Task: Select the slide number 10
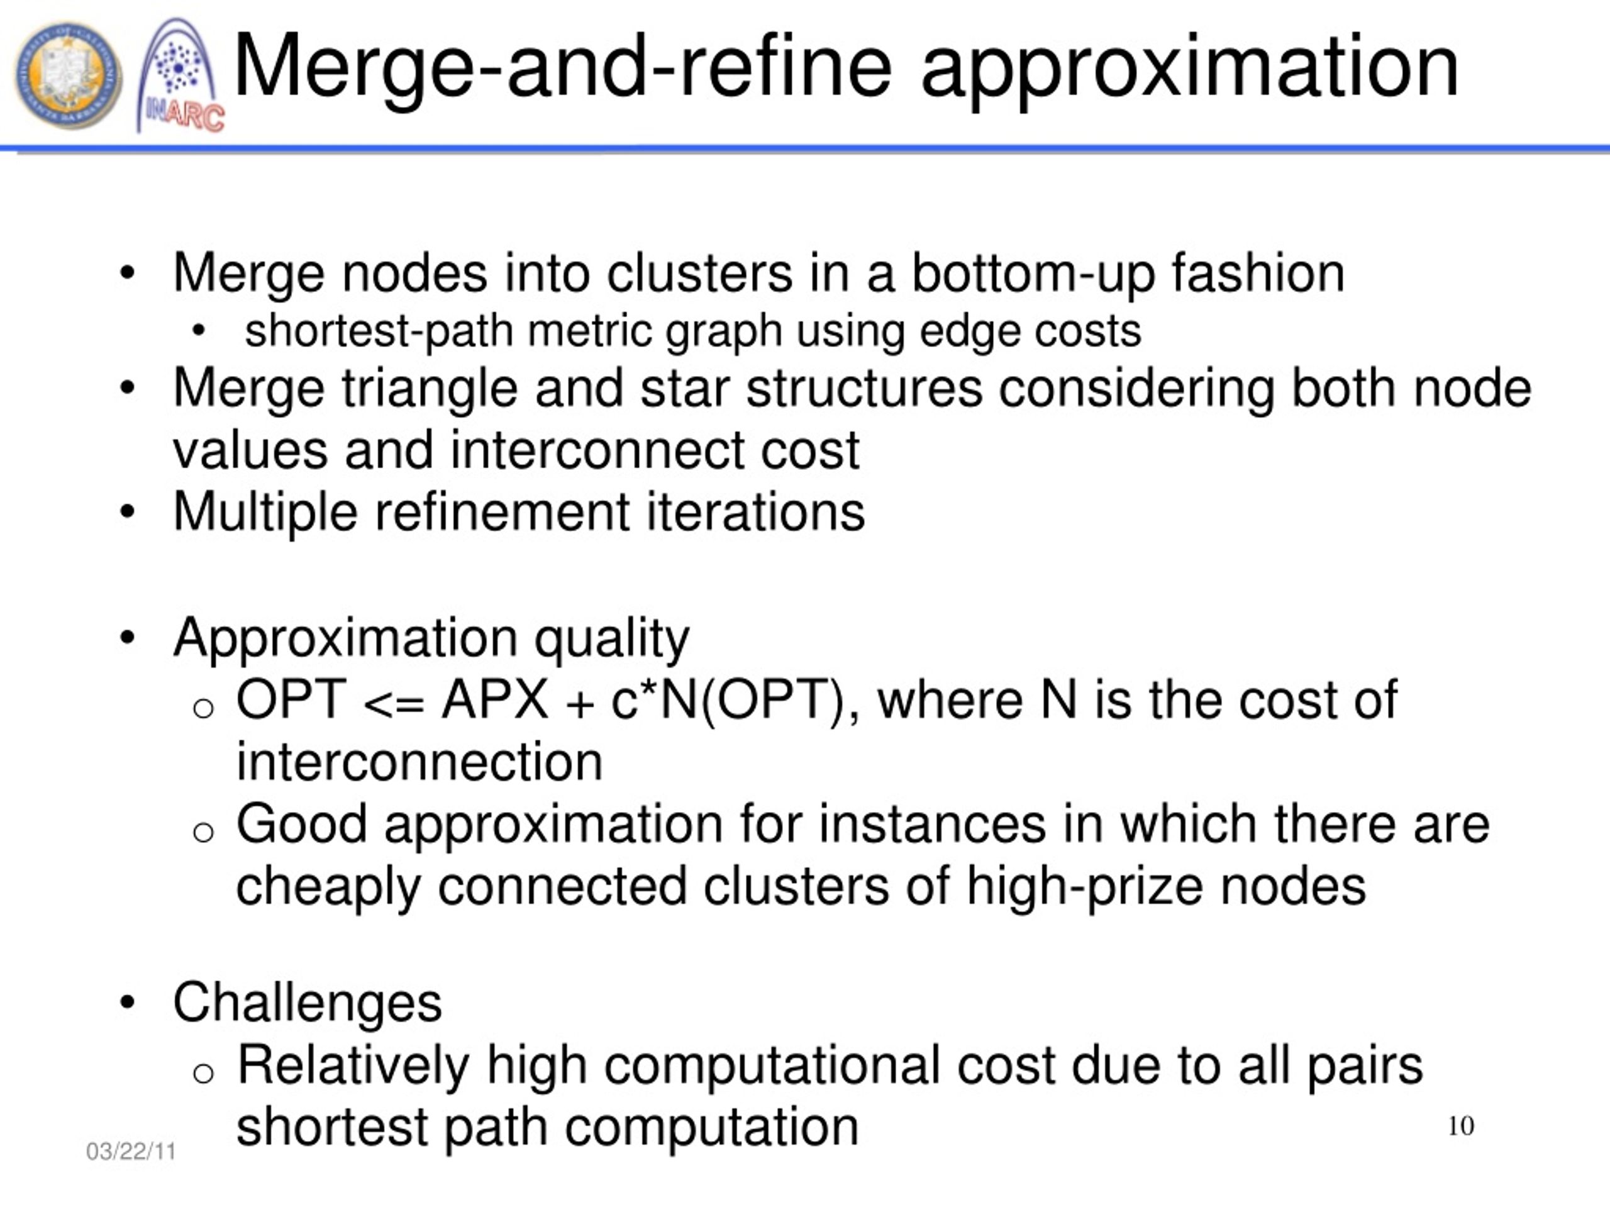point(1461,1125)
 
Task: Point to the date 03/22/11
point(131,1151)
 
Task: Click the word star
point(684,388)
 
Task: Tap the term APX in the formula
point(495,700)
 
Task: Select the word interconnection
point(419,762)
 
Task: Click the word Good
point(301,824)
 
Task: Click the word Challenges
point(307,1003)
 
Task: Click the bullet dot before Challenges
point(128,1003)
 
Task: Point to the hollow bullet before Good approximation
point(204,832)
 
